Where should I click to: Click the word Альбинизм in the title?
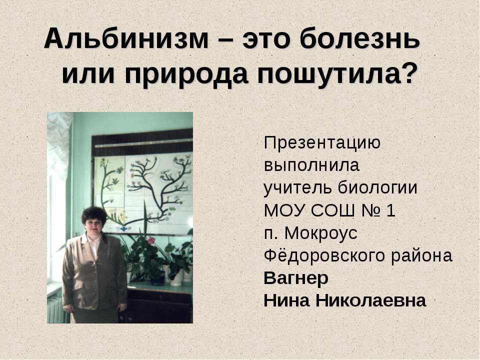pyautogui.click(x=125, y=40)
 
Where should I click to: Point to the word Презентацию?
pyautogui.click(x=322, y=143)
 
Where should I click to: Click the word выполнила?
pyautogui.click(x=311, y=164)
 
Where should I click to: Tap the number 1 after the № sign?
pyautogui.click(x=391, y=211)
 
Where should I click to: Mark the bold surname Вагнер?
pyautogui.click(x=295, y=278)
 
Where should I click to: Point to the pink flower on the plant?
pyautogui.click(x=151, y=240)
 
